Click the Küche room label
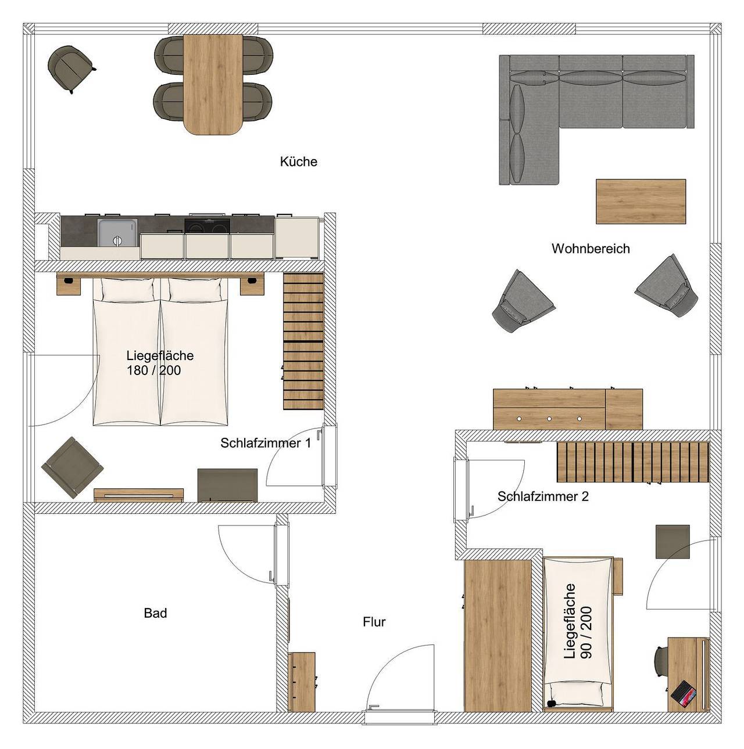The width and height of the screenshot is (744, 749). click(298, 161)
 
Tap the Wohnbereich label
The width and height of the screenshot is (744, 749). click(591, 249)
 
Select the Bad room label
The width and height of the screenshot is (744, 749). click(155, 613)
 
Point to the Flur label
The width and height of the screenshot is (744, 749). click(374, 622)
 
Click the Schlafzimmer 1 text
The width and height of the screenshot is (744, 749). click(265, 443)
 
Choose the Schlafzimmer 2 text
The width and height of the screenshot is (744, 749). click(543, 496)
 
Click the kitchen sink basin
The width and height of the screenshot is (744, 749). click(117, 232)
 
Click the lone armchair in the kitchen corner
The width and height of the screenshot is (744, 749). click(69, 67)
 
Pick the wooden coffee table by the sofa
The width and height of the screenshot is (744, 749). click(641, 201)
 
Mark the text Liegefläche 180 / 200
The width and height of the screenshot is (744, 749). click(159, 363)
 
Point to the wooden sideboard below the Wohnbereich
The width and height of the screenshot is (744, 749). click(567, 409)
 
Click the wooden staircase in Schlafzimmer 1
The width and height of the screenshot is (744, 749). click(303, 340)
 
